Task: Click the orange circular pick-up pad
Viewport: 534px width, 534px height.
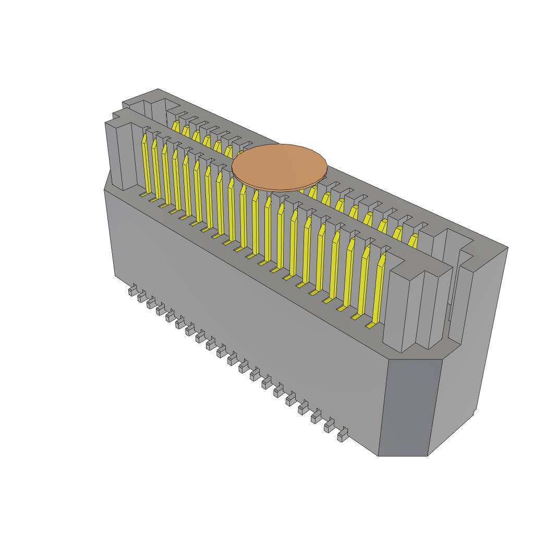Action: [x=280, y=167]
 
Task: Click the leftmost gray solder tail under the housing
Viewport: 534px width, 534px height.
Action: [x=133, y=290]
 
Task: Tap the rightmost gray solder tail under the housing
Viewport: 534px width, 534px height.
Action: [x=343, y=435]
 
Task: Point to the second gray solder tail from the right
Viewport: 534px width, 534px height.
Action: [x=330, y=426]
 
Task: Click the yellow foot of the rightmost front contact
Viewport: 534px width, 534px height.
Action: [x=370, y=325]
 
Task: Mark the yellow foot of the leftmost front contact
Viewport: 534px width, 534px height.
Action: [x=143, y=194]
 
